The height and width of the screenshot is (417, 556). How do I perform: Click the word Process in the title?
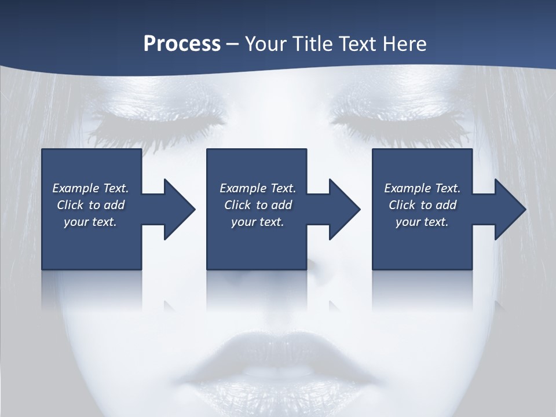[182, 44]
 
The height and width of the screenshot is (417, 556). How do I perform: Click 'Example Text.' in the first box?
[90, 188]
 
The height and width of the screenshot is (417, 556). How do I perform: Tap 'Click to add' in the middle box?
[258, 205]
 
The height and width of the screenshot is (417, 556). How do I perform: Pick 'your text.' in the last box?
[422, 222]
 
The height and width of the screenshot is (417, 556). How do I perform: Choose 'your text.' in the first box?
[90, 222]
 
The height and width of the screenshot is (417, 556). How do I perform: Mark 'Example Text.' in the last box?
[422, 188]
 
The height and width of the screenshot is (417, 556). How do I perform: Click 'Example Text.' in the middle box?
[258, 188]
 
